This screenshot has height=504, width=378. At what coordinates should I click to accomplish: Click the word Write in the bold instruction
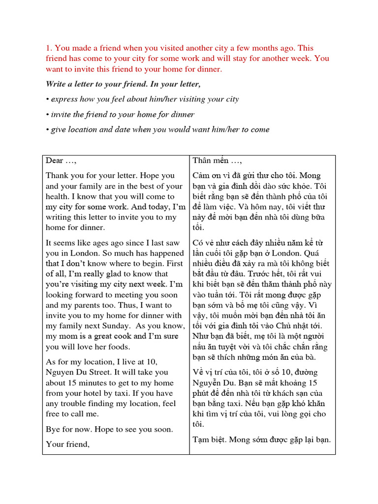(x=57, y=84)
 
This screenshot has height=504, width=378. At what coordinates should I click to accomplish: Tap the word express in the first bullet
(x=64, y=99)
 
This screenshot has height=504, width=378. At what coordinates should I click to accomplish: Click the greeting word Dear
(x=55, y=161)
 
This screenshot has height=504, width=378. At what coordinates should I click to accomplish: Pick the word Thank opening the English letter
(x=57, y=175)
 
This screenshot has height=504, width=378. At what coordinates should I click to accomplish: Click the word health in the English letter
(x=58, y=196)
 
